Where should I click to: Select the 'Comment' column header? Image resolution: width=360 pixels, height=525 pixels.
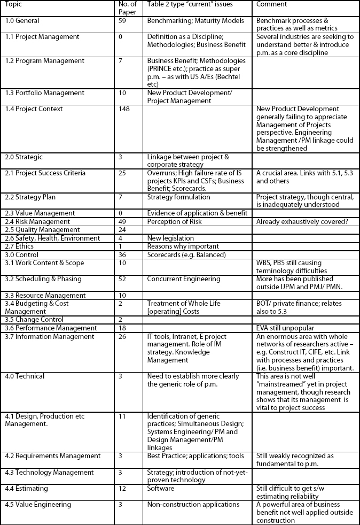(272, 4)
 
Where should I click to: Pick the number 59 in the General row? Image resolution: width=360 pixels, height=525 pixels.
(123, 21)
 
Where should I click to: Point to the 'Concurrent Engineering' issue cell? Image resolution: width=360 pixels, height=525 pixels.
(184, 279)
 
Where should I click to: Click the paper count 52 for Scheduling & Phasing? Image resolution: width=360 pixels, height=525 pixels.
(123, 279)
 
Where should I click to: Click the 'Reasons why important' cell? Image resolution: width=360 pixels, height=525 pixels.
(183, 246)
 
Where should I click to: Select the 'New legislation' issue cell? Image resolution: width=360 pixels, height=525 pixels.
(170, 238)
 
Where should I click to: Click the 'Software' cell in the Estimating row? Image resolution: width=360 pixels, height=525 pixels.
(160, 488)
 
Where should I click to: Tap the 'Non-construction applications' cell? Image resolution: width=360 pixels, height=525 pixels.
(193, 504)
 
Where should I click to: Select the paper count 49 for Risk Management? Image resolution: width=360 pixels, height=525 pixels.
(123, 221)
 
